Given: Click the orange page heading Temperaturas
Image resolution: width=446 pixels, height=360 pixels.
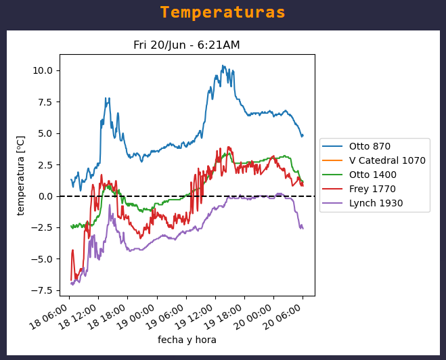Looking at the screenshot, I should pos(223,13).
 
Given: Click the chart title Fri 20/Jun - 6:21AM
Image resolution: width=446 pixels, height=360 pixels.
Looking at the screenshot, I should pos(186,45).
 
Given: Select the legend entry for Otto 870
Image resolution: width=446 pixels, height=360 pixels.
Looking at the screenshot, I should pos(370,146).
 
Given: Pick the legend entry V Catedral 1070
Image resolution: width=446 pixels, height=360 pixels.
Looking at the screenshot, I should pos(387,160).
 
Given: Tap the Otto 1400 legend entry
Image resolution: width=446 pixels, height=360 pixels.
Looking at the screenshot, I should pos(372,175).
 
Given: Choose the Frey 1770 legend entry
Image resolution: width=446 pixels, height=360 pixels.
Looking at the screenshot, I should pos(372,189).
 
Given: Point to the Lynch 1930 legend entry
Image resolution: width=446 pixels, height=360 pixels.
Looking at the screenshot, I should pos(376,203).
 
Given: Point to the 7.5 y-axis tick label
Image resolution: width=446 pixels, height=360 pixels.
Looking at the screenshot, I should pos(45,102).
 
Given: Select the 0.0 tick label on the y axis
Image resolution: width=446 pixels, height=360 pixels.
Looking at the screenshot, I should pos(45,196).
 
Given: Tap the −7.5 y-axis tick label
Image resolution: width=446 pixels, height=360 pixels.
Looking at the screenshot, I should pos(42,290).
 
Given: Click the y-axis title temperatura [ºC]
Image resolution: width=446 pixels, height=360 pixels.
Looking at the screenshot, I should pos(21,175).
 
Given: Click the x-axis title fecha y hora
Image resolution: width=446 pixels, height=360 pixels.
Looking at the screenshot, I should pos(187,340).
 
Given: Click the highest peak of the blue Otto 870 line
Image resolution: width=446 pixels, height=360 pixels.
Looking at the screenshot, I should pos(223,66).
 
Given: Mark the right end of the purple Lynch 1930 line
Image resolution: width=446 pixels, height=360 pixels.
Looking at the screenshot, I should pos(303,228).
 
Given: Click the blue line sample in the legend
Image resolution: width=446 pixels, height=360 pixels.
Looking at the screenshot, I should pos(332,146).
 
